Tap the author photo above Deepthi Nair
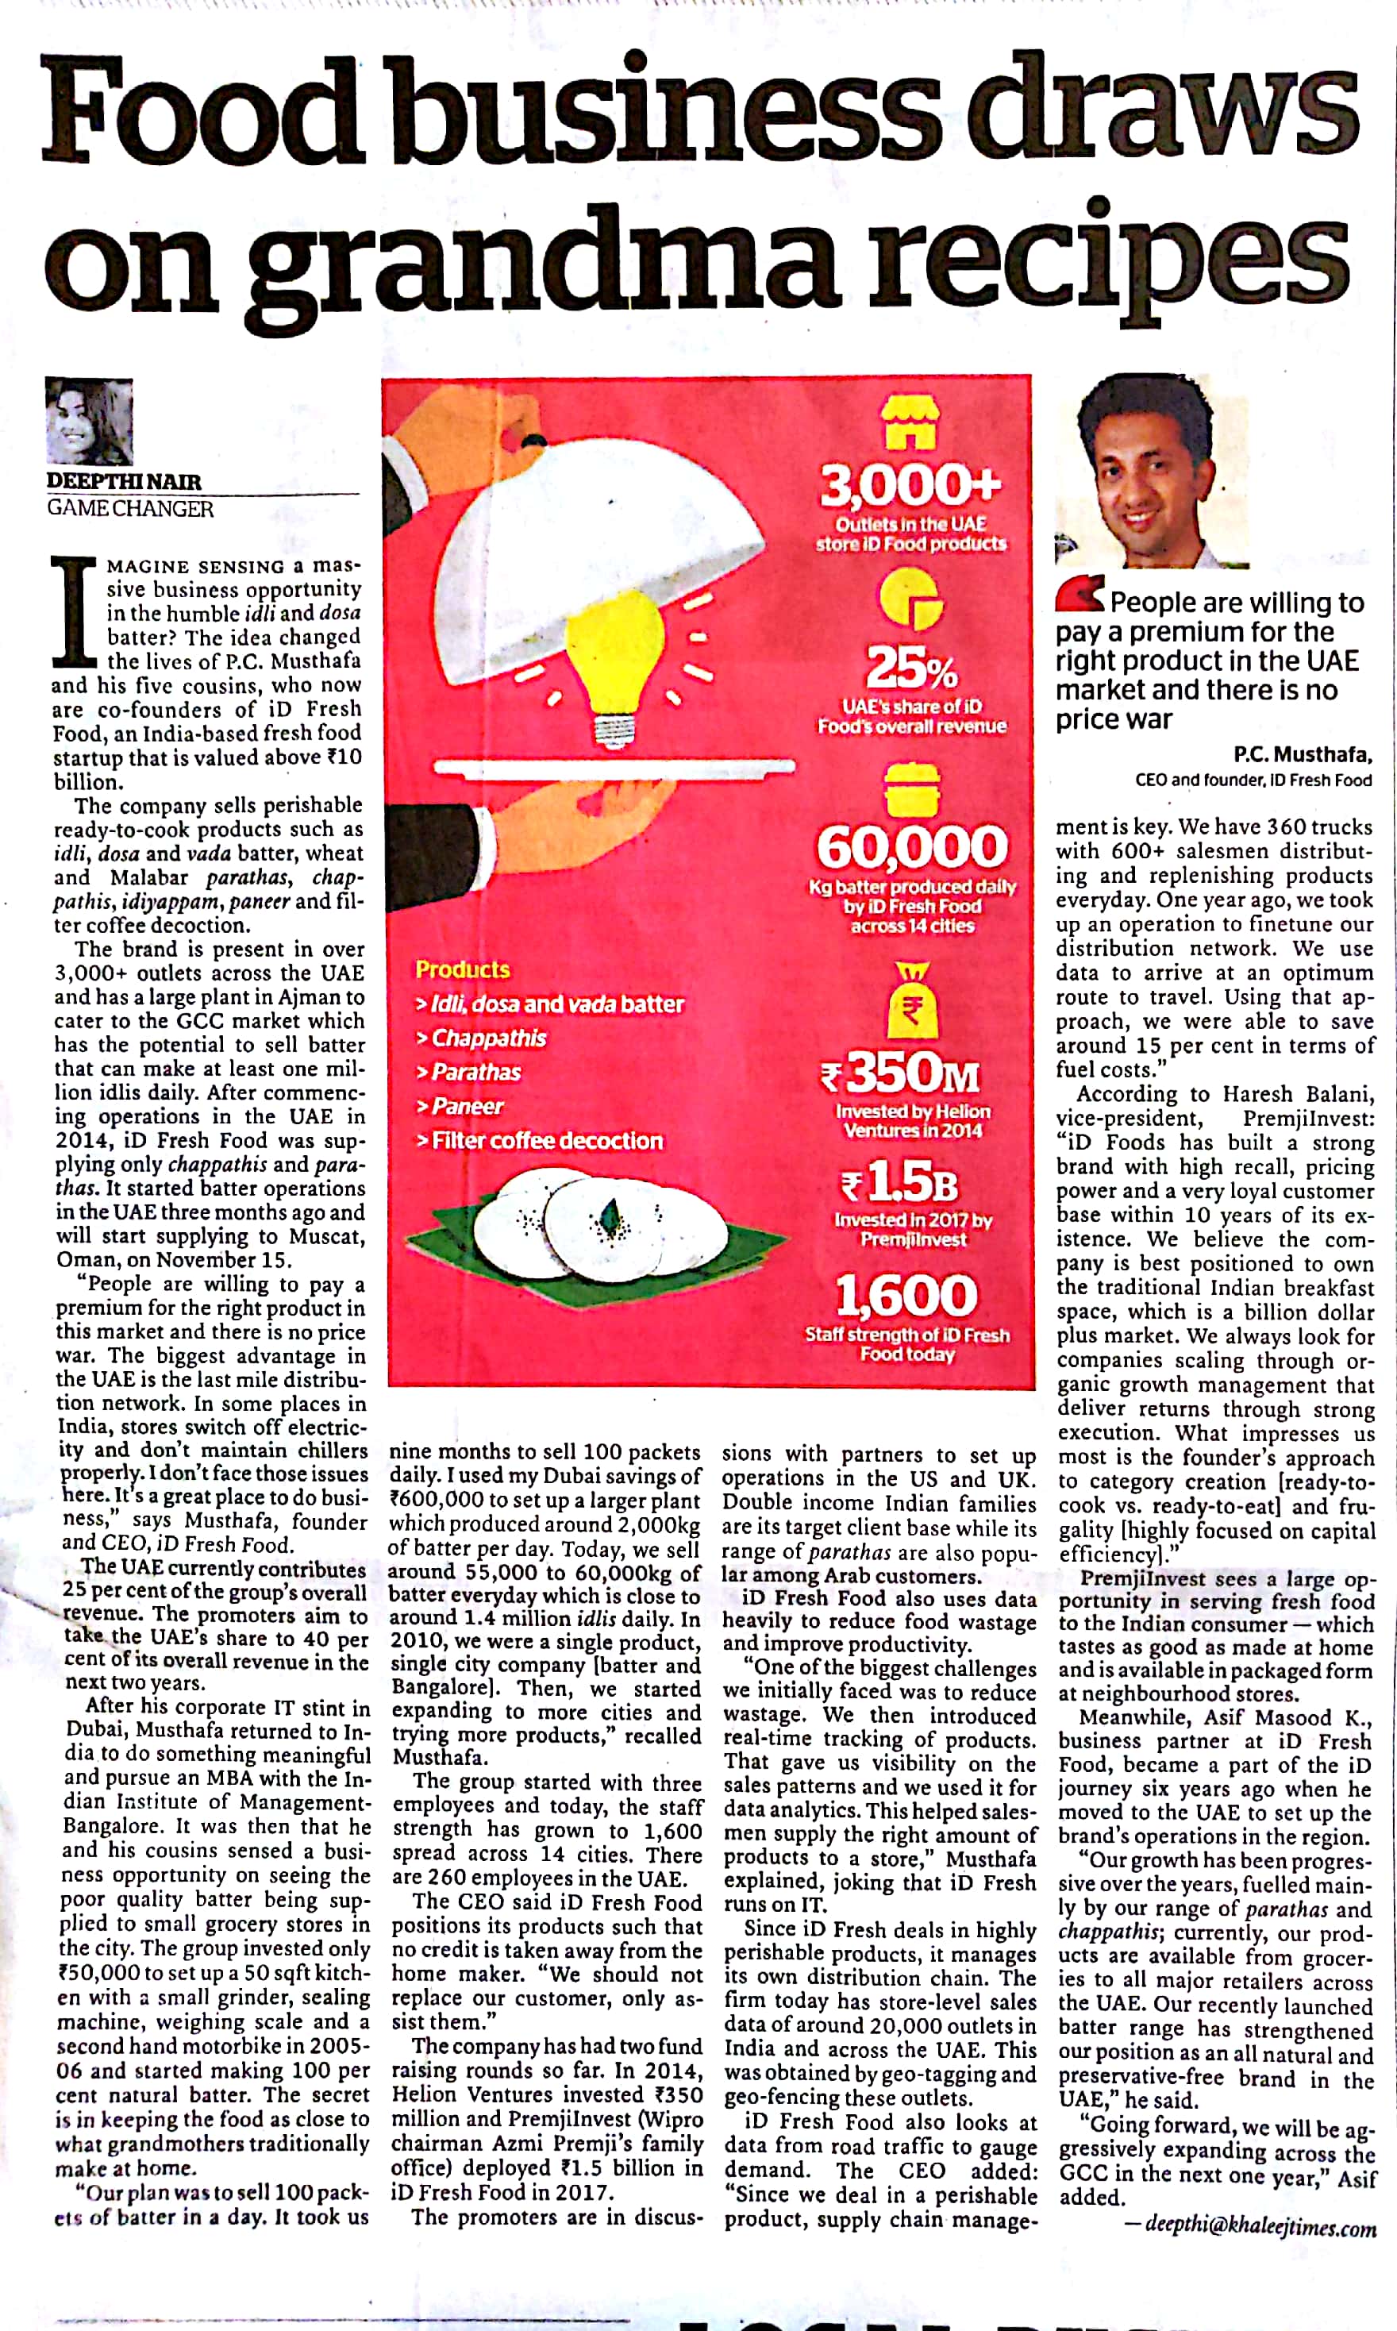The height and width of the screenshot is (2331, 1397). pos(90,421)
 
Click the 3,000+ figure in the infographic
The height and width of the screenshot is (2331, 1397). pos(910,487)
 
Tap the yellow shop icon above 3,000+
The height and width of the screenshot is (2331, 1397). pos(910,422)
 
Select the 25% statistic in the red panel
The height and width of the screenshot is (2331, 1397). pos(911,668)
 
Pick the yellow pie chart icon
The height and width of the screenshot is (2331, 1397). pos(910,599)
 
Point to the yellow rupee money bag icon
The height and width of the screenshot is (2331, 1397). pos(911,1002)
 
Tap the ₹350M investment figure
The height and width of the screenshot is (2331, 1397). pos(901,1073)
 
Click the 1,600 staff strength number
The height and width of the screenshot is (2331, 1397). pos(906,1296)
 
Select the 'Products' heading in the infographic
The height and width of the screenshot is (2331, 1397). pos(462,969)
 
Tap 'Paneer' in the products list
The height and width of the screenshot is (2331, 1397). pos(467,1106)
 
